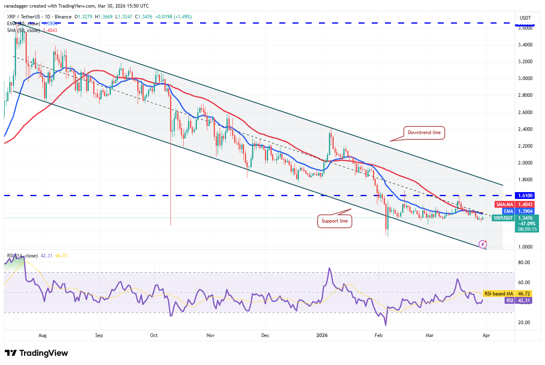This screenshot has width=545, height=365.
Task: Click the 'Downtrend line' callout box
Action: pos(424,132)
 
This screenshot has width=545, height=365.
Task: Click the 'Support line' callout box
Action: pos(335,221)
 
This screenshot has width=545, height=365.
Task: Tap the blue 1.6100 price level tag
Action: pos(525,196)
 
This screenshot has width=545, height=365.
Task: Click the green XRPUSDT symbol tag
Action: pos(503,218)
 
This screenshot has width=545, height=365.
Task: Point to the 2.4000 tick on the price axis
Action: pos(525,129)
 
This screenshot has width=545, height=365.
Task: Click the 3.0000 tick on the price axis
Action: pos(525,78)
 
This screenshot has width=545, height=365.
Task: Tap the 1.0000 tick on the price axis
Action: pos(525,247)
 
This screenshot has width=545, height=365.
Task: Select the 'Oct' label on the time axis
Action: pos(154,335)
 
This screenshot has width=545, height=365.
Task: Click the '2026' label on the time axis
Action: pos(322,335)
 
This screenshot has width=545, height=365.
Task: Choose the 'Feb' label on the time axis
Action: pos(379,335)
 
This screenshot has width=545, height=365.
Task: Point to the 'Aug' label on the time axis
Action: pos(42,335)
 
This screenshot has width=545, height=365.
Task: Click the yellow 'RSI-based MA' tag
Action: pos(499,294)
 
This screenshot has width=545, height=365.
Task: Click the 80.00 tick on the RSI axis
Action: pos(524,263)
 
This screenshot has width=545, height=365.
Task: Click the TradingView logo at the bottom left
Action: pos(36,353)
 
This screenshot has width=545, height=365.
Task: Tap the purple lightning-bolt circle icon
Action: pos(483,244)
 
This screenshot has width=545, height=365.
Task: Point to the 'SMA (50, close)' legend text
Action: pos(23,30)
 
